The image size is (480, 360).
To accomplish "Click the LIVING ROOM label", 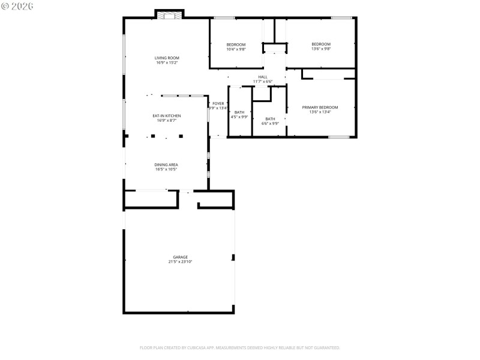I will tap(167, 58).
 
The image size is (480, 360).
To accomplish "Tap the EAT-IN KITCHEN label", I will tap(167, 116).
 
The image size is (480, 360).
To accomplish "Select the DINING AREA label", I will tap(166, 164).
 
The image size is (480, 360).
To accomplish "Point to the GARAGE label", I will tap(180, 257).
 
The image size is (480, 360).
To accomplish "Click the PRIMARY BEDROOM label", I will tap(324, 107).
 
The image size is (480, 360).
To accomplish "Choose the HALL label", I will tap(263, 77).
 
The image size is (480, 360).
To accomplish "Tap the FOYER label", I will tap(218, 104).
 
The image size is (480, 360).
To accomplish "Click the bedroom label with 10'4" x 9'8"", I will tap(236, 45).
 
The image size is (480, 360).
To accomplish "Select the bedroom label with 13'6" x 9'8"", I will tap(321, 44).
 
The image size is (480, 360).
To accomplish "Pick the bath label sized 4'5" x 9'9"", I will tap(239, 112).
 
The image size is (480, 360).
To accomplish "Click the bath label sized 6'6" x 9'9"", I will tap(270, 119).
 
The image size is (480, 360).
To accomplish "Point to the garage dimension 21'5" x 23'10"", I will tap(180, 262).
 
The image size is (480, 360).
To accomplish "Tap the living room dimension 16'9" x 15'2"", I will tap(167, 62).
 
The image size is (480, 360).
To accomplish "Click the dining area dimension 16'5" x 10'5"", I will tap(166, 169).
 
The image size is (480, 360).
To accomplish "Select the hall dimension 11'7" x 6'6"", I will tap(263, 82).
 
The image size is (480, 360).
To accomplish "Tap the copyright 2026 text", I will tap(17, 6).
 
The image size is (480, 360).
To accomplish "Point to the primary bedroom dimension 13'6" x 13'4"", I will tap(324, 112).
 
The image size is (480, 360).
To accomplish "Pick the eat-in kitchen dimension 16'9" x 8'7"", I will tap(167, 121).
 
